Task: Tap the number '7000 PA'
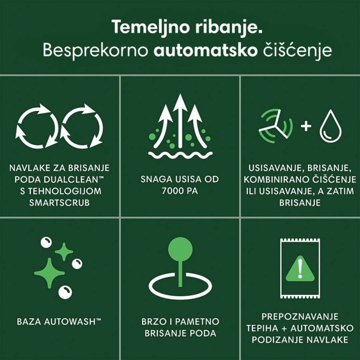(x=180, y=191)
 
